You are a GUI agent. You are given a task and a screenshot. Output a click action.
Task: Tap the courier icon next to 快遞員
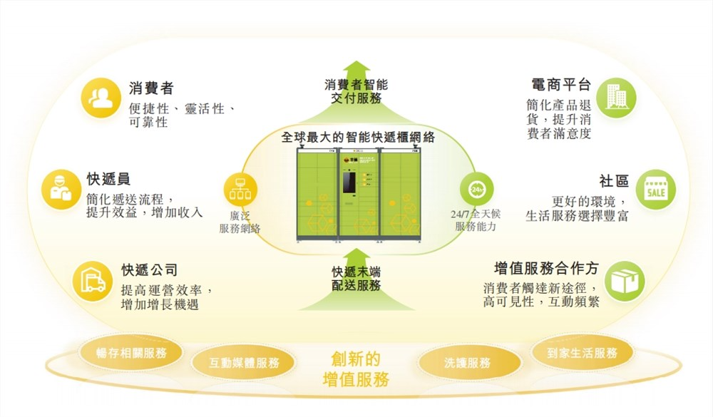(59, 189)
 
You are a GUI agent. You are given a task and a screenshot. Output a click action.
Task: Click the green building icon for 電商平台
(615, 97)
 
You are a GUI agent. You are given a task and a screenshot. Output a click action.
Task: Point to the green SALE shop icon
(655, 189)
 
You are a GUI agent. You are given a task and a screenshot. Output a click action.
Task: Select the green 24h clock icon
(476, 189)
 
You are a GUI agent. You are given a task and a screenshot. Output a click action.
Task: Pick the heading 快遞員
(108, 179)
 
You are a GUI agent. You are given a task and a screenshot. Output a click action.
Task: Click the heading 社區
(613, 181)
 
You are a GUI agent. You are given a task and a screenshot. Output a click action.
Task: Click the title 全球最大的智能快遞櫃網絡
(358, 136)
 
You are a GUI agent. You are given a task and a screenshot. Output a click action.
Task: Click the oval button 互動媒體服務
(234, 362)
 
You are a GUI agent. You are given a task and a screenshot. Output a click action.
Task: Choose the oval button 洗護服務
(467, 362)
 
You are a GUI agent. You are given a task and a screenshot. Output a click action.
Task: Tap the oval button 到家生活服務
(582, 353)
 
